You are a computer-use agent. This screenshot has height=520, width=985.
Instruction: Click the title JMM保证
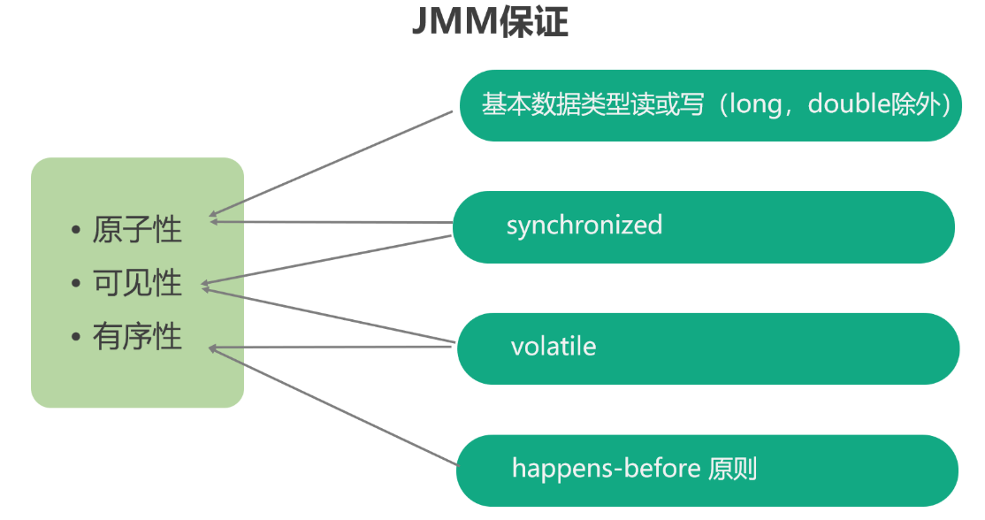point(490,22)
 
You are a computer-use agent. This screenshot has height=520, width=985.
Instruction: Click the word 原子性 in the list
point(137,231)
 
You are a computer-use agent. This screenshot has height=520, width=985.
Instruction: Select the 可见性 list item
point(137,284)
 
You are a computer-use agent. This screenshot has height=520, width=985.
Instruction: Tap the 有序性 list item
point(137,337)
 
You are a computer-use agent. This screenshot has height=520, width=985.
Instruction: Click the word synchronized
point(584,225)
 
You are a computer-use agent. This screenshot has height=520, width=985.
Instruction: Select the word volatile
point(554,346)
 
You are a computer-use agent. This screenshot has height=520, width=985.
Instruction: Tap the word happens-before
point(606,468)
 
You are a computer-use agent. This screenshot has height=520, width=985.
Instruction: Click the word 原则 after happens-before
point(733,468)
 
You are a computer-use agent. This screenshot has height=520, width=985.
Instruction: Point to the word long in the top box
point(753,104)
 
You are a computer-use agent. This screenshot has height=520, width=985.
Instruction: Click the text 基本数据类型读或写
point(593,104)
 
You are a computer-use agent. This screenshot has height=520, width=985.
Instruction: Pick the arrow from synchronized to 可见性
point(327,261)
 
